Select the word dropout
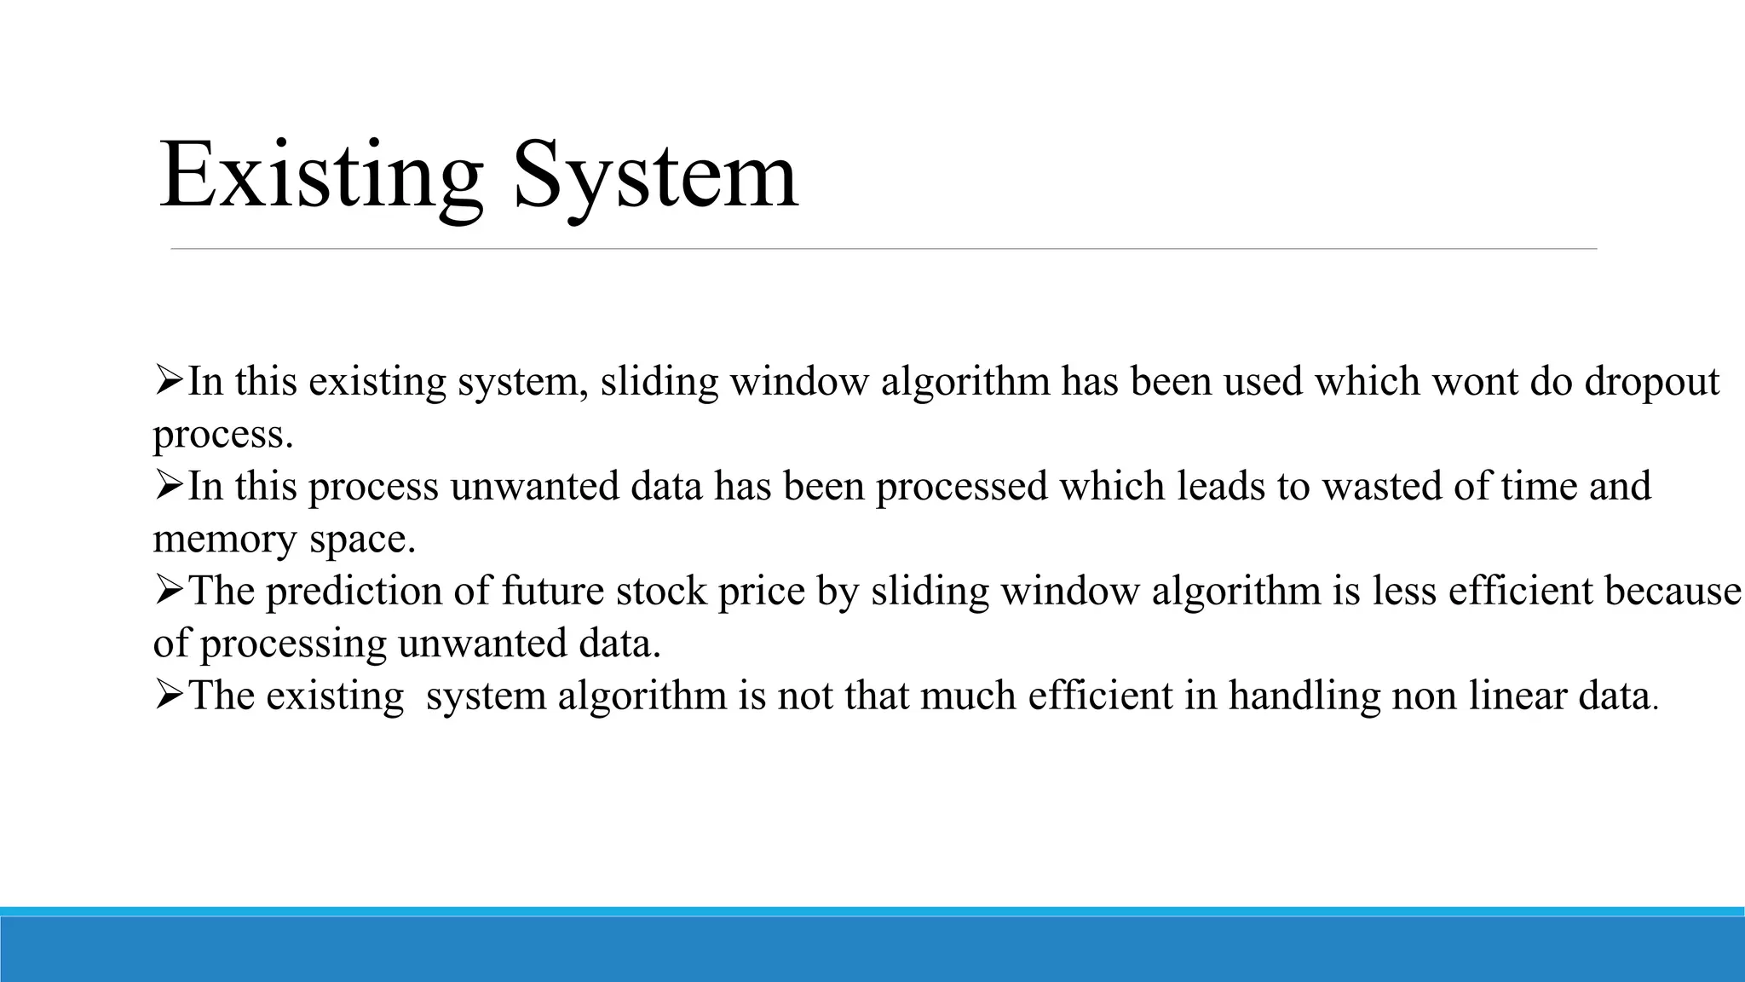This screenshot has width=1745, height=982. click(1651, 382)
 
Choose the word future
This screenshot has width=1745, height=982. click(553, 591)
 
